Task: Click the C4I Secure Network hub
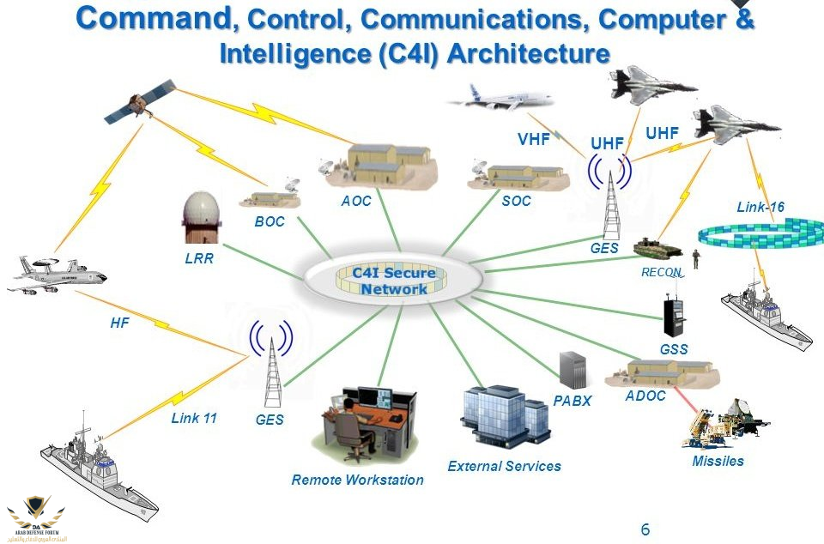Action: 393,281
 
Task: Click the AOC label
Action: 355,201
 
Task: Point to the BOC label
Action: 269,221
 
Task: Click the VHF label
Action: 534,139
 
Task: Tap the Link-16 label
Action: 760,207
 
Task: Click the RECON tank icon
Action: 657,248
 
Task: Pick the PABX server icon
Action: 572,369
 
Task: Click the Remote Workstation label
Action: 357,480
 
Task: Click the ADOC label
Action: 645,396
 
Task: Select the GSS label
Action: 674,349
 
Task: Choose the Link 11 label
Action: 194,419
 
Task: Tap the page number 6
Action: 645,529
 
